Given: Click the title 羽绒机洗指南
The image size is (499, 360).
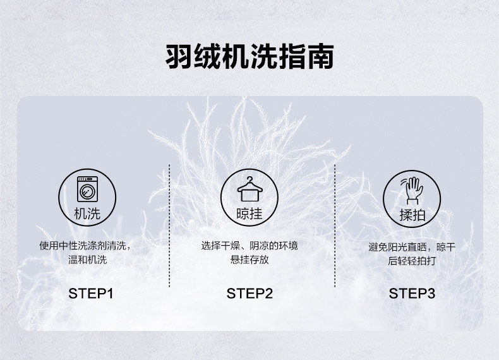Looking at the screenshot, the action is point(249,56).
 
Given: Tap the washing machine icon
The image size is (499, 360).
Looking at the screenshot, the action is point(87,189).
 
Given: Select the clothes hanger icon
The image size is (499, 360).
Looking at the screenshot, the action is point(250,189).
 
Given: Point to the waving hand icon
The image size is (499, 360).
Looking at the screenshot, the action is point(412,190).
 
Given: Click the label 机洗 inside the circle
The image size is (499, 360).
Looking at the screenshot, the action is point(87,213).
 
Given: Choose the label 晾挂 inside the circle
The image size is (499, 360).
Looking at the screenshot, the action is point(249,213).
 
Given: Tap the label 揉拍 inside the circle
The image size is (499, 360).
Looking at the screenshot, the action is point(412,215).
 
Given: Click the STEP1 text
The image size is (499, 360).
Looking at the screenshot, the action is point(91,294).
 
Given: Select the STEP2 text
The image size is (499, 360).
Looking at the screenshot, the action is point(249,294).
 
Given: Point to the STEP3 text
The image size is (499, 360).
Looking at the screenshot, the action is point(412,294).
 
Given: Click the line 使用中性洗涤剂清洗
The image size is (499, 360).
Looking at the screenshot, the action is point(85,246).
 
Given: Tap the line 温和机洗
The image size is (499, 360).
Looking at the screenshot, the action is point(88,260).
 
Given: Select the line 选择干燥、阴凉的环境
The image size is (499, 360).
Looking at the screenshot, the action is point(249,246).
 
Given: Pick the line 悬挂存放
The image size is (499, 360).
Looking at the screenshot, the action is point(249,260).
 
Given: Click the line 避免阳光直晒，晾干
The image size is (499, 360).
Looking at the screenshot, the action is point(412,247).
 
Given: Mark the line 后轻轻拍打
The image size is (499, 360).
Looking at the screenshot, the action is point(412,261).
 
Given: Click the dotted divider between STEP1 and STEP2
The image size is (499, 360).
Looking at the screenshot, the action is point(169,226).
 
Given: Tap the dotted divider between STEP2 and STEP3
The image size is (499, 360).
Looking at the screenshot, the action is point(335,226).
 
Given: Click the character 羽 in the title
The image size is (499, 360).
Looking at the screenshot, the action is point(179,56).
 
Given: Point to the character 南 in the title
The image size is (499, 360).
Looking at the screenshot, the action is point(320,56).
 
